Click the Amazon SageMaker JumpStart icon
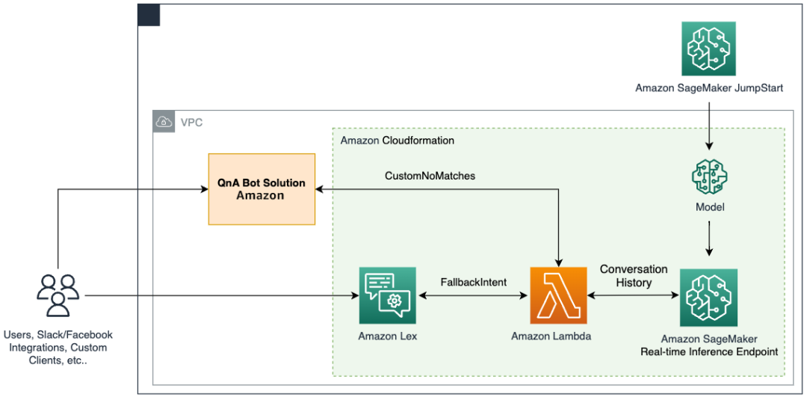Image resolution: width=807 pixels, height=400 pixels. [x=708, y=48]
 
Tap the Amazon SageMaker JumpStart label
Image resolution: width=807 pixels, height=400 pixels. [x=708, y=87]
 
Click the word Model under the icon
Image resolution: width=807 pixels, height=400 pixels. [x=708, y=206]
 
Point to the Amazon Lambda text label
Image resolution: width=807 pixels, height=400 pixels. [x=551, y=336]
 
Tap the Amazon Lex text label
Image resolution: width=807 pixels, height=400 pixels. [x=387, y=336]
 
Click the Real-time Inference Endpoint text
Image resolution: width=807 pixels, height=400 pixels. [x=708, y=351]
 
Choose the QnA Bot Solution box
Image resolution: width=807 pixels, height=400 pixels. [x=261, y=189]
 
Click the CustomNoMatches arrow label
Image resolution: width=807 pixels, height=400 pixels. [x=430, y=176]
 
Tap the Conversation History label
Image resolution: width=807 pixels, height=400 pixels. [x=634, y=276]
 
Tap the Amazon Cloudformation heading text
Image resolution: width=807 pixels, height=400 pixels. [x=397, y=141]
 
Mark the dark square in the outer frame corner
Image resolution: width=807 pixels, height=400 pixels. [x=149, y=15]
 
